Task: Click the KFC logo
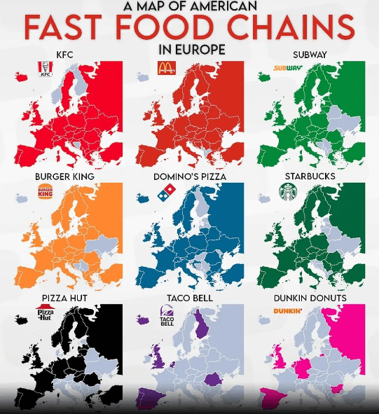[x=46, y=69]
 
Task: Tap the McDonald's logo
[x=166, y=69]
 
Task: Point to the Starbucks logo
[x=289, y=191]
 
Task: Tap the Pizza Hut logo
[x=46, y=312]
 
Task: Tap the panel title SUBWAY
[x=310, y=55]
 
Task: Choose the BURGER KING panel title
[x=64, y=177]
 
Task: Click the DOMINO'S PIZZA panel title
[x=189, y=177]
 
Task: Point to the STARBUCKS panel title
[x=310, y=177]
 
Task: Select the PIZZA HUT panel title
[x=64, y=298]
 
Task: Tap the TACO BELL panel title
[x=189, y=298]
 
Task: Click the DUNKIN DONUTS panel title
[x=310, y=298]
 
